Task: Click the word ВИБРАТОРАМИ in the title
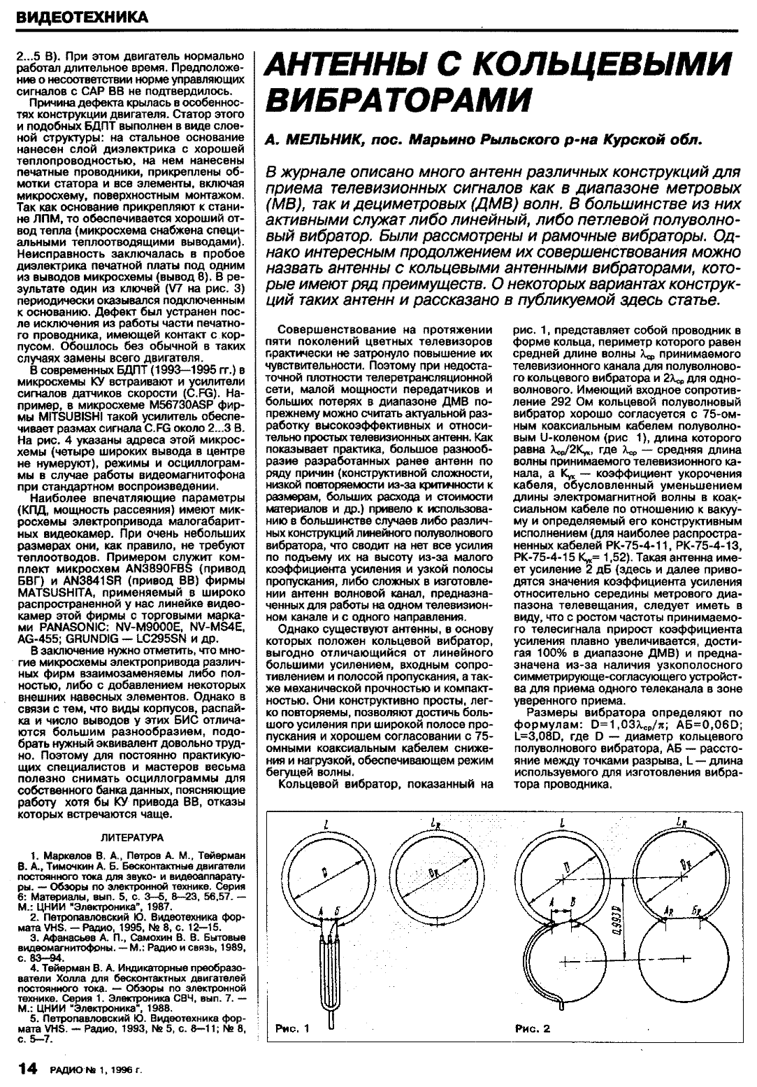(x=397, y=98)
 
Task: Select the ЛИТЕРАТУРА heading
(x=133, y=837)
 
